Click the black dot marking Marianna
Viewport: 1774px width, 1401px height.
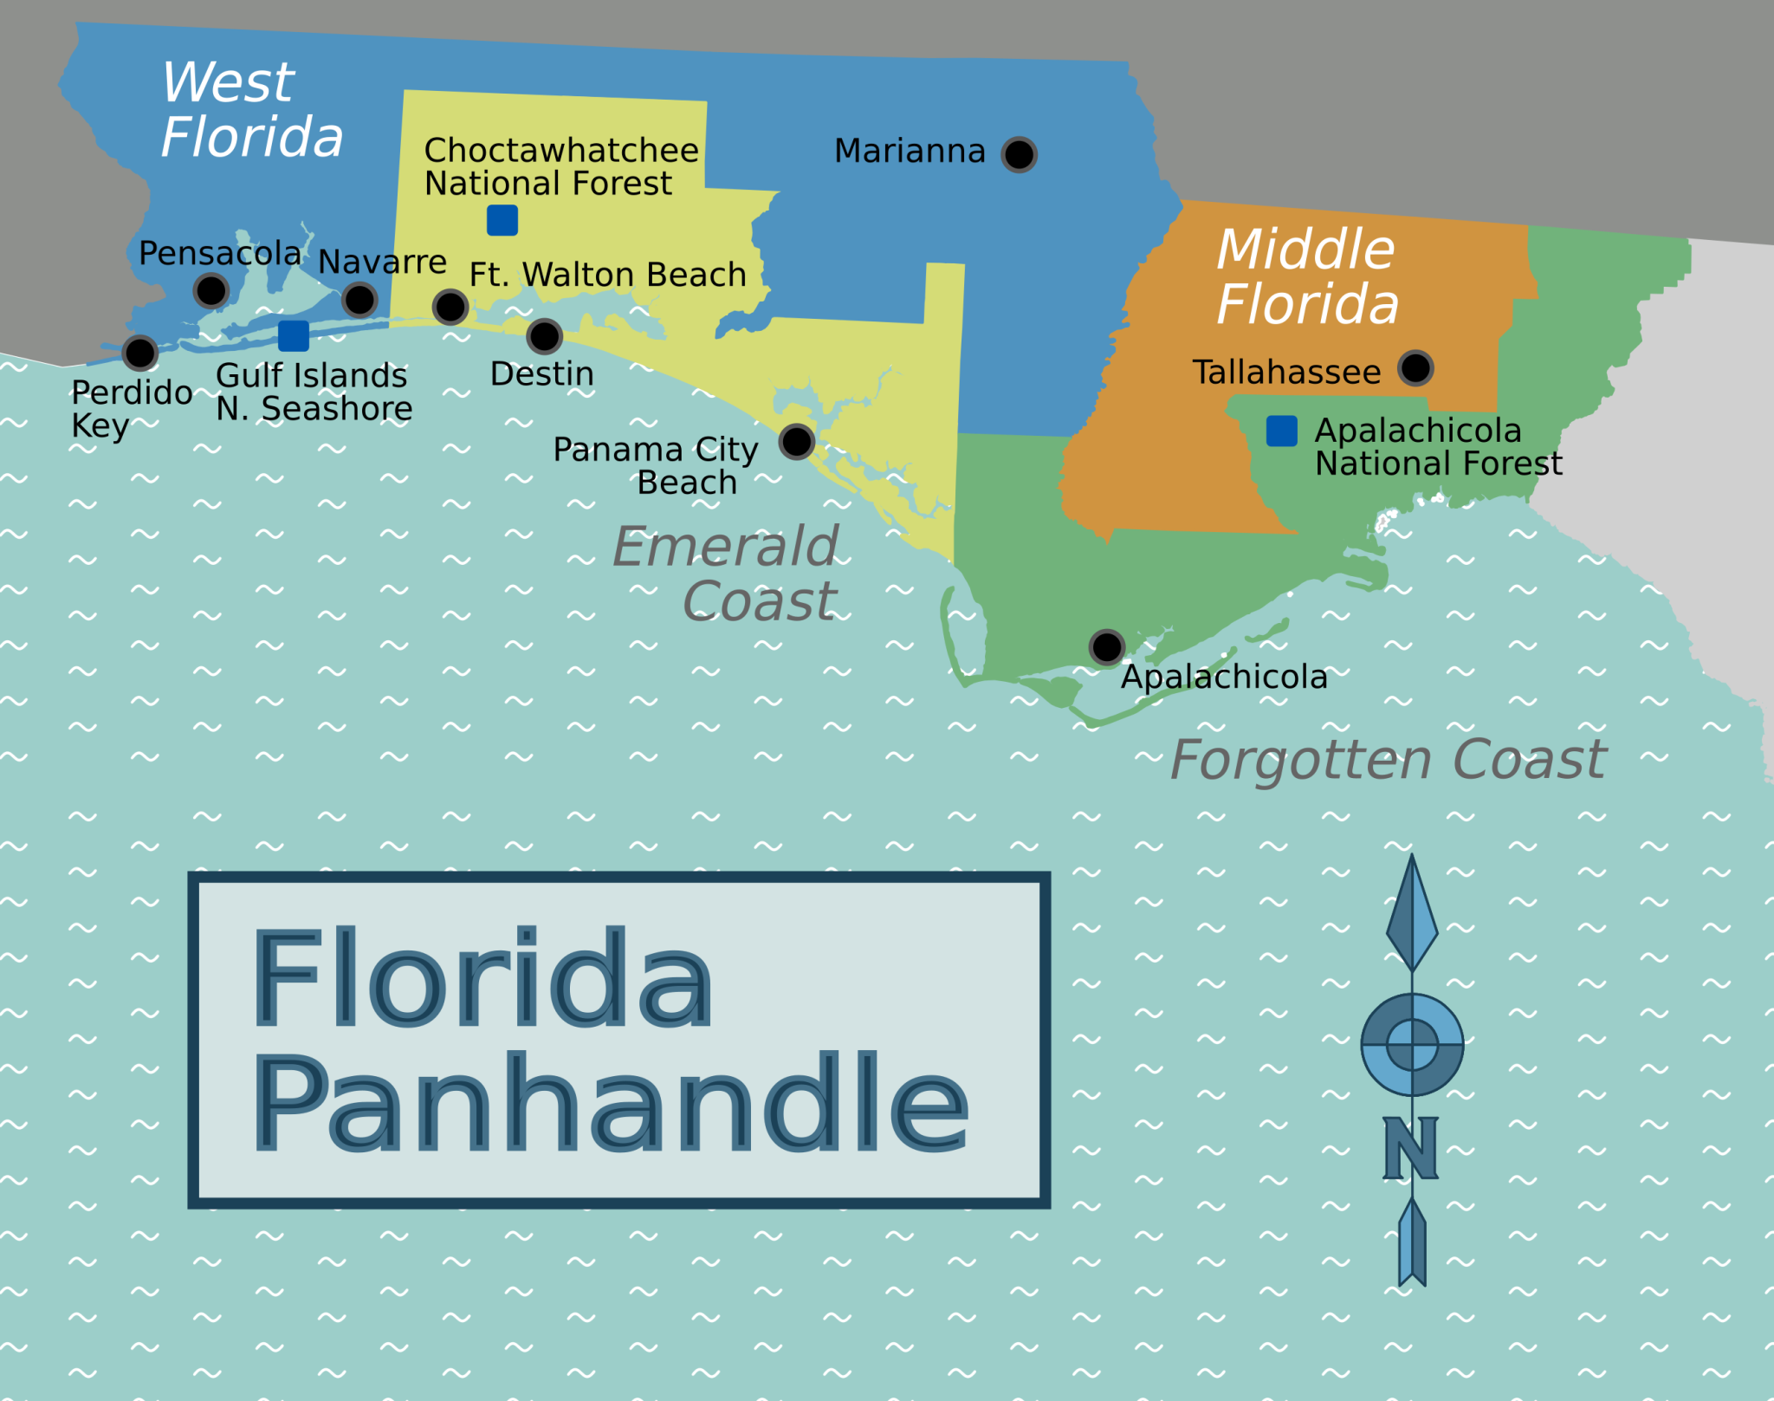1019,155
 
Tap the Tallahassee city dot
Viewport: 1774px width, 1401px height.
1415,368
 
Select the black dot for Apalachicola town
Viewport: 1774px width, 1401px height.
1107,647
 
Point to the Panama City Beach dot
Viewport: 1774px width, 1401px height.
796,442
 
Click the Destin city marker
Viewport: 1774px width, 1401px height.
544,336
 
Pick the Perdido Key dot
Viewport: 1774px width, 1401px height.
139,353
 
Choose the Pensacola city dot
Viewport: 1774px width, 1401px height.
211,290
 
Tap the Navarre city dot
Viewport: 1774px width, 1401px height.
359,300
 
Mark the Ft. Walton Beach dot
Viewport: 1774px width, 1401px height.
450,306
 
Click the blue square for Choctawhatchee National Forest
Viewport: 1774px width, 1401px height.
502,220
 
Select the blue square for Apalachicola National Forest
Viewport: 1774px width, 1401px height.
1281,431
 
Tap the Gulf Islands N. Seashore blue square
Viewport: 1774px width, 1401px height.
294,335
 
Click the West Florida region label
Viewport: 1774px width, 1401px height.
251,110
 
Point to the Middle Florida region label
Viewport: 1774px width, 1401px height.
1306,277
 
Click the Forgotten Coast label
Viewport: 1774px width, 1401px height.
1388,760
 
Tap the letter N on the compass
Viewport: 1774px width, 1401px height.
1410,1148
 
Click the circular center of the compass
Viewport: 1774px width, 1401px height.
1412,1044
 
